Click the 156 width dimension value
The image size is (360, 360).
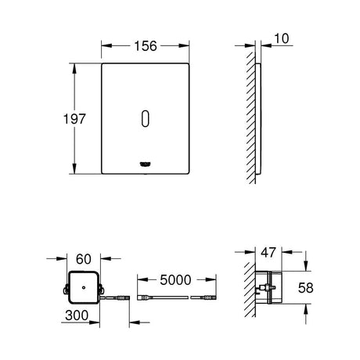click(146, 46)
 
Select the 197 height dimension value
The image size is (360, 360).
click(74, 119)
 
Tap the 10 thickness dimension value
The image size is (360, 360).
click(282, 38)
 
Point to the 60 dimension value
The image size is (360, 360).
click(84, 259)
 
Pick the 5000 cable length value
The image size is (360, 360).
click(175, 280)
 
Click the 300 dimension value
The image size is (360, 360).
click(77, 315)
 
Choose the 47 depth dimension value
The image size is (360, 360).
click(268, 253)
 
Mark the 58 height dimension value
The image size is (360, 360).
click(305, 288)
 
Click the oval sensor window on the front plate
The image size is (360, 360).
click(146, 119)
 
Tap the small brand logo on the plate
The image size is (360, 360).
click(146, 164)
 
